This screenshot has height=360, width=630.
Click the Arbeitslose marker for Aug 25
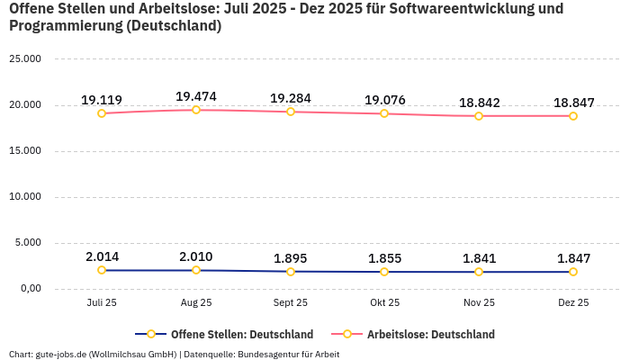tap(196, 110)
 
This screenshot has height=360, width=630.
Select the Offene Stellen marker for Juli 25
tap(102, 270)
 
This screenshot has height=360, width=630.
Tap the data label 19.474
tap(196, 96)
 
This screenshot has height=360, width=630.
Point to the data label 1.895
tap(290, 258)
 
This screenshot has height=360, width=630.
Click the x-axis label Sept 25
tap(290, 303)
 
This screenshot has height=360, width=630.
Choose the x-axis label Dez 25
tap(573, 303)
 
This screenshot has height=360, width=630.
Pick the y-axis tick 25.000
tap(25, 59)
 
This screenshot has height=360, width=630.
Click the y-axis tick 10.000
tap(25, 197)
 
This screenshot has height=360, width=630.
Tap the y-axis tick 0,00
tap(30, 289)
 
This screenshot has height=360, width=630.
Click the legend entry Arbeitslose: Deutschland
tap(430, 334)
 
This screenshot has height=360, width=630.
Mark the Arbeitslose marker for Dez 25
tap(573, 116)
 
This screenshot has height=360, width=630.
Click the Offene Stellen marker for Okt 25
tap(384, 272)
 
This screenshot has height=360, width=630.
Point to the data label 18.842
tap(479, 103)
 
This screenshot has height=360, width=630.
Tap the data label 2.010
tap(196, 257)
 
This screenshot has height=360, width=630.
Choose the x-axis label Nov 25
tap(479, 303)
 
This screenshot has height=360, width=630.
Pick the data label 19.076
tap(384, 100)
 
